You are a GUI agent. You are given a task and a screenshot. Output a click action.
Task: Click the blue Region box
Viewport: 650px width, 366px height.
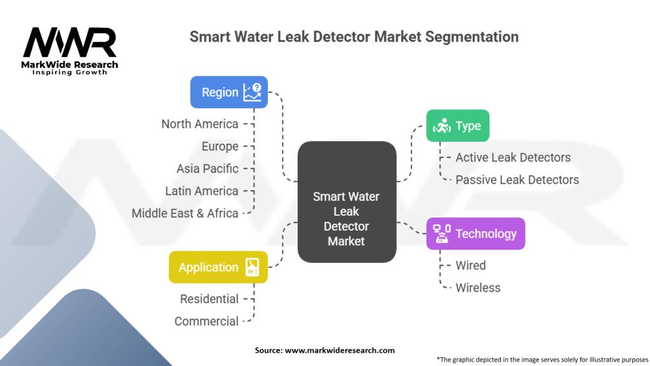(x=229, y=92)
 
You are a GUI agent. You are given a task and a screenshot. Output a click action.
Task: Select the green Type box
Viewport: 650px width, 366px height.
(x=458, y=126)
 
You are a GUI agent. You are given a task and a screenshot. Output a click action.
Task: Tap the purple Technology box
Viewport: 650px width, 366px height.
(x=475, y=234)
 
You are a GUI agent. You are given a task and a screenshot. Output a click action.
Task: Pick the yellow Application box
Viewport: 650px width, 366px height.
(x=218, y=268)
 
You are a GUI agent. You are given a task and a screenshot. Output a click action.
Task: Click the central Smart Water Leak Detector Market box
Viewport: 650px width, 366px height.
(x=347, y=201)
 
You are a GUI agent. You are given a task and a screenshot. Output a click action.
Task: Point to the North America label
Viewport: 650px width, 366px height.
(x=200, y=124)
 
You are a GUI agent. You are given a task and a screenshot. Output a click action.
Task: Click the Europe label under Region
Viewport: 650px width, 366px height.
(x=220, y=147)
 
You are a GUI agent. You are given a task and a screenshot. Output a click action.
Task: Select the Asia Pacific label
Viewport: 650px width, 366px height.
(x=208, y=169)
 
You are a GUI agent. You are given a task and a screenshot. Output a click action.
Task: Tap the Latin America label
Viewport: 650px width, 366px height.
(x=201, y=191)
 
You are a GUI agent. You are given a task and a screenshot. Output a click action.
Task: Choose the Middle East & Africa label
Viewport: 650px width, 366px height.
(x=185, y=213)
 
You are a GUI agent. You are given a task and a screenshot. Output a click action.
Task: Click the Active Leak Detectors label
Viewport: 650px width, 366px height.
(x=513, y=158)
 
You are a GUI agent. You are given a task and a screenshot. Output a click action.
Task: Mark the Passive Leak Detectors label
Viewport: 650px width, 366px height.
(x=517, y=180)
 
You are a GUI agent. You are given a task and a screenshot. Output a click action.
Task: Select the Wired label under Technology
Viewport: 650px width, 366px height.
(x=470, y=266)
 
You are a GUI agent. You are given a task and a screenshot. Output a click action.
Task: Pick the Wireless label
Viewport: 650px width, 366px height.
(x=478, y=288)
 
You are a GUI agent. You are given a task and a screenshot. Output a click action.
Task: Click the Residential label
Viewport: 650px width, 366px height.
(x=209, y=299)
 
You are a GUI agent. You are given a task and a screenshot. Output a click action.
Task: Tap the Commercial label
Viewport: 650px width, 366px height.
(x=206, y=322)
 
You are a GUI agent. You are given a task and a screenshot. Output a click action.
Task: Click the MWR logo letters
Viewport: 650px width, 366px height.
(x=70, y=43)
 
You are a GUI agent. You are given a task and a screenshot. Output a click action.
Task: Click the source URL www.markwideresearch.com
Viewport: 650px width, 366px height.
(x=340, y=350)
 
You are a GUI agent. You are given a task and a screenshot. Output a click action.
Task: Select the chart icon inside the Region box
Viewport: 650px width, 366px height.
(x=253, y=92)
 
